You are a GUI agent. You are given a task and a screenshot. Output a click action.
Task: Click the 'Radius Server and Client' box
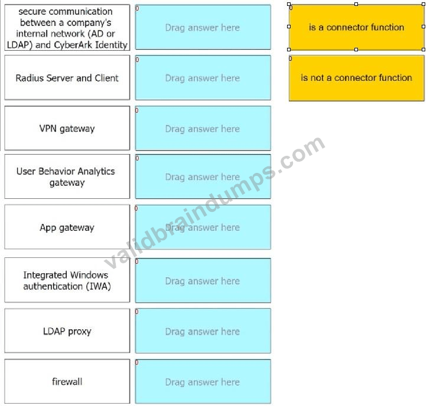coord(67,77)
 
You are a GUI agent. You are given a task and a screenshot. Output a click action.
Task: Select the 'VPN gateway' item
coord(67,128)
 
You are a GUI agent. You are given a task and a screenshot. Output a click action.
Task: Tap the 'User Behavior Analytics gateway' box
coord(67,176)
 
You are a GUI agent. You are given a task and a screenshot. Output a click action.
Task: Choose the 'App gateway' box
coord(67,227)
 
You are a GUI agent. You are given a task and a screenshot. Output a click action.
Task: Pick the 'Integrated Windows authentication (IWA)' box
coord(67,280)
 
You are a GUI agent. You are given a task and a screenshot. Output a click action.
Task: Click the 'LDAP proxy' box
coord(67,330)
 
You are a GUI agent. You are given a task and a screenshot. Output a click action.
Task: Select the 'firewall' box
coord(67,381)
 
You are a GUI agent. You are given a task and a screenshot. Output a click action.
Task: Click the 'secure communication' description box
coord(67,27)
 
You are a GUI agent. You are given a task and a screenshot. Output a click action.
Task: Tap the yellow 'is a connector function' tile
coord(356,27)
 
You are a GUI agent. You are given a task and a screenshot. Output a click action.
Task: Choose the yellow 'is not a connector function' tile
coord(357,78)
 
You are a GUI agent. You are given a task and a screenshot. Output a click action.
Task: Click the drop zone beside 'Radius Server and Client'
coord(203,78)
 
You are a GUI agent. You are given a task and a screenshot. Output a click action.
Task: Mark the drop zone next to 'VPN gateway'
coord(203,128)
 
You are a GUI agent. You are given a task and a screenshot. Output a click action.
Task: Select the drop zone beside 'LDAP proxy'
coord(203,331)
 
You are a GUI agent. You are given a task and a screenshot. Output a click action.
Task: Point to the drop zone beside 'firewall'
coord(203,382)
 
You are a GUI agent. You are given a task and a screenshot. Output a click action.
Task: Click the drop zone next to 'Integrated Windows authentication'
coord(203,280)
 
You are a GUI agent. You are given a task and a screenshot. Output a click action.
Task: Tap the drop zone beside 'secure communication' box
coord(203,27)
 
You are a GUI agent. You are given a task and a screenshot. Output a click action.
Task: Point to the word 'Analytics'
coord(96,172)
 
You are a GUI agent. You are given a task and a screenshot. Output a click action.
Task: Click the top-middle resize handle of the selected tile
coord(356,4)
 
